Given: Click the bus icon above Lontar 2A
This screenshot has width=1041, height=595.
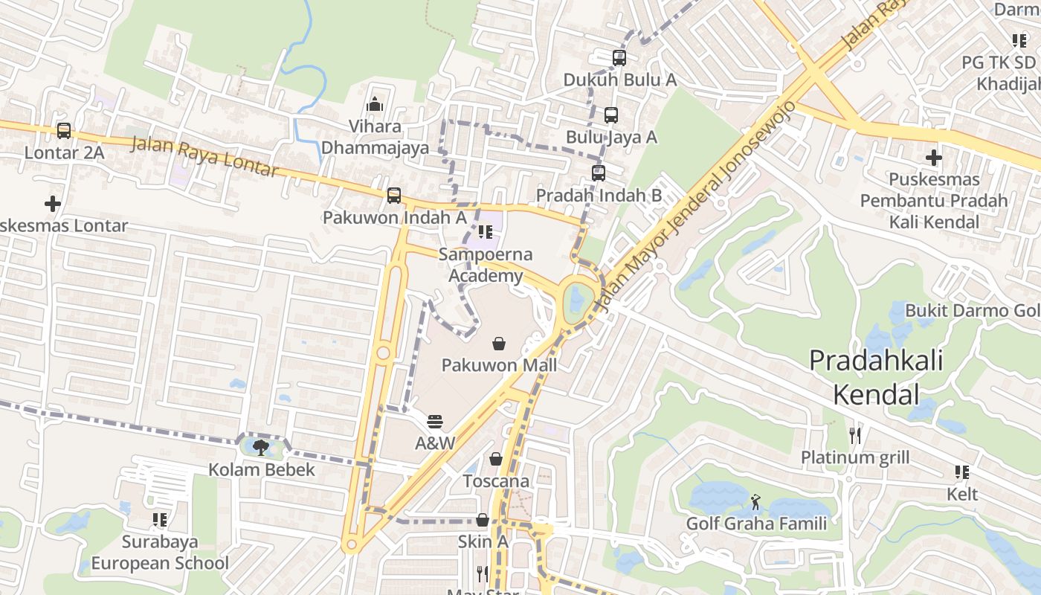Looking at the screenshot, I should click(x=64, y=131).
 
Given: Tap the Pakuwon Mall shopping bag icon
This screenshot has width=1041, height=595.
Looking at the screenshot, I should click(x=499, y=344).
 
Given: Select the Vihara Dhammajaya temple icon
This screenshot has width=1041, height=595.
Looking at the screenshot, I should click(x=375, y=104).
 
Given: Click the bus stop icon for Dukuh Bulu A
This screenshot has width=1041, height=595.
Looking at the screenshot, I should click(x=619, y=57).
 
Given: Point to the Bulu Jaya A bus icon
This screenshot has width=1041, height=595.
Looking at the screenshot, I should click(x=610, y=115).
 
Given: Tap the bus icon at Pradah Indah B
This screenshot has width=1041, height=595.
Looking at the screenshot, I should click(x=599, y=173).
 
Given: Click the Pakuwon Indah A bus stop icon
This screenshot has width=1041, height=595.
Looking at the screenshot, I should click(x=394, y=196).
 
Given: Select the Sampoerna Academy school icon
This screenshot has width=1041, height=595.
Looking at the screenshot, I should click(x=486, y=232).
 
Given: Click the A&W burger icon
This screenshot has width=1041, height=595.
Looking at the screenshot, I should click(x=435, y=422).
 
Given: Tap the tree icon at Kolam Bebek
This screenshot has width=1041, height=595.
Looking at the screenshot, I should click(x=260, y=447).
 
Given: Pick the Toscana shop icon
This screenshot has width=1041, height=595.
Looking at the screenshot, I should click(x=496, y=460).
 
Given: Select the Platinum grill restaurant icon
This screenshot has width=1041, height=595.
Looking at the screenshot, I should click(x=855, y=435).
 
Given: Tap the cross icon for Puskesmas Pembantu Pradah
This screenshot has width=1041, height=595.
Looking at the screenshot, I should click(x=934, y=158).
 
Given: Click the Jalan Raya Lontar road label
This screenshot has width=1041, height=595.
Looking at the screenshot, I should click(x=204, y=156).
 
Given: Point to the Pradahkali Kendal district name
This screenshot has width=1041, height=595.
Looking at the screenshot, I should click(x=876, y=377).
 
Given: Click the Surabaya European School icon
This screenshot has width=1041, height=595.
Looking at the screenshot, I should click(x=160, y=519).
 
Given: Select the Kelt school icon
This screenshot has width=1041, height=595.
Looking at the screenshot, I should click(x=962, y=472).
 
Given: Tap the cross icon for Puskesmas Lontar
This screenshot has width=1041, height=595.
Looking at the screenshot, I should click(x=52, y=203).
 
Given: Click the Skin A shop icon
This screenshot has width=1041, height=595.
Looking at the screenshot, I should click(x=483, y=520).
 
